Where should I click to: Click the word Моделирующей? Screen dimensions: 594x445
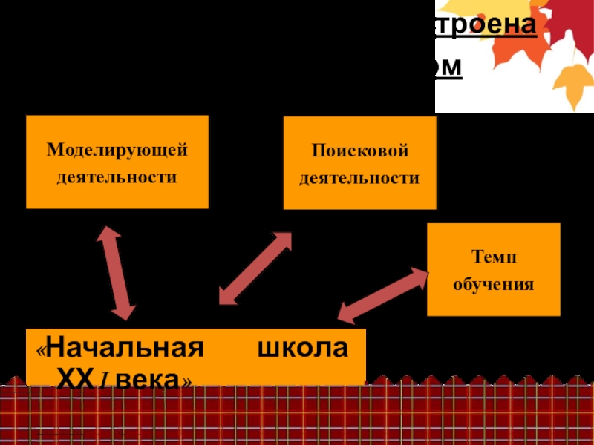tap(117, 151)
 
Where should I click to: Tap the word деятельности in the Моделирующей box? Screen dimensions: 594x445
tap(117, 177)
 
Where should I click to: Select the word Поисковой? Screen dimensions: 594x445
tap(360, 151)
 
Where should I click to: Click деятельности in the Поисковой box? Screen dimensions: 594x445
tap(360, 178)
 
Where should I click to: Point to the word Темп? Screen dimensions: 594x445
tap(494, 257)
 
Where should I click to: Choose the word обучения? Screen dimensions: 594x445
tap(494, 284)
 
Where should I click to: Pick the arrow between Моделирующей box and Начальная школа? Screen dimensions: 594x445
tap(116, 273)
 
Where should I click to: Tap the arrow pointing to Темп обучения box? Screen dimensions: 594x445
tap(383, 295)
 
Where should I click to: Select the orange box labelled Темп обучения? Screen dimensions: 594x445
tap(494, 268)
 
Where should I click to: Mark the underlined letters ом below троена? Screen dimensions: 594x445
tap(448, 67)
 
